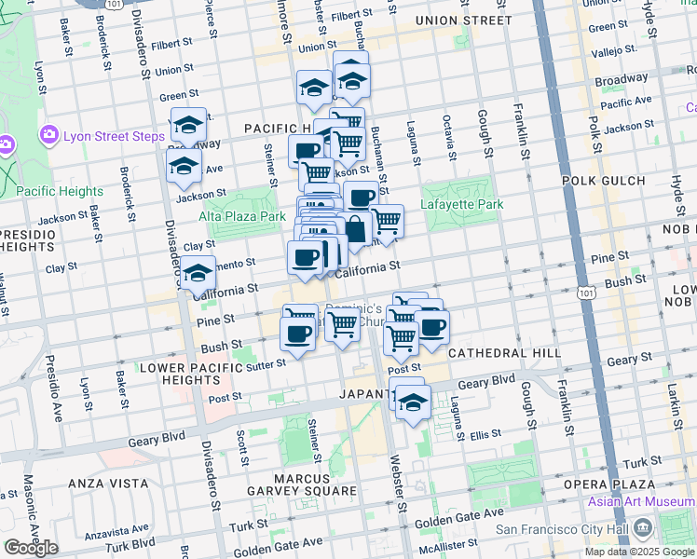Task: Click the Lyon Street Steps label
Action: [x=114, y=137]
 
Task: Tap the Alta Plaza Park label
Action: [x=242, y=216]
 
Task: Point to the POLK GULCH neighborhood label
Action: [x=604, y=181]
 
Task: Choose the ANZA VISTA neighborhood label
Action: [x=110, y=484]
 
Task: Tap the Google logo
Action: [x=31, y=548]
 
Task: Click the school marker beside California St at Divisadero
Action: [x=198, y=273]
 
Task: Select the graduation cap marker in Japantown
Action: [x=412, y=402]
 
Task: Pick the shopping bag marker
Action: [x=356, y=228]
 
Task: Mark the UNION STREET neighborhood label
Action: [x=463, y=20]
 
